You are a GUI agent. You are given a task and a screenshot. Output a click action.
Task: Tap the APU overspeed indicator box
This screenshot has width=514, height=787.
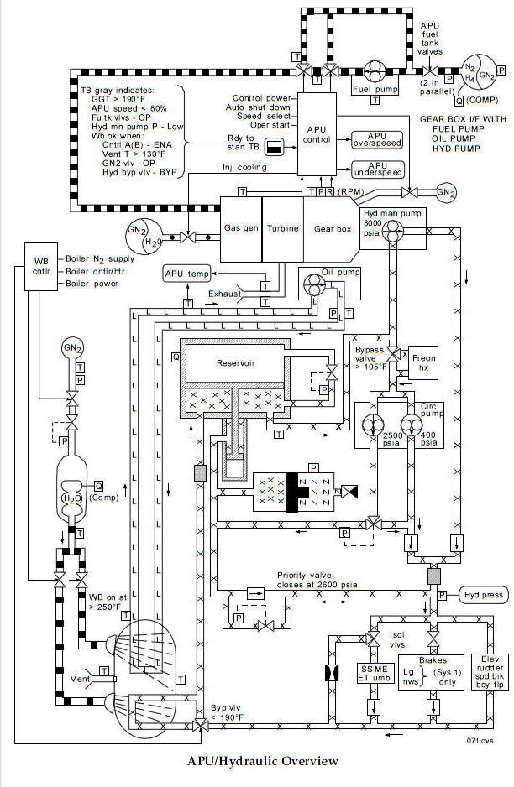click(x=377, y=140)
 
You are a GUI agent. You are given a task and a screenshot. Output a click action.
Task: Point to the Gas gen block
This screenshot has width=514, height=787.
click(x=241, y=227)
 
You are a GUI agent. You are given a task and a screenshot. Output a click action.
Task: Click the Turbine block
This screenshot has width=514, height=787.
click(x=283, y=227)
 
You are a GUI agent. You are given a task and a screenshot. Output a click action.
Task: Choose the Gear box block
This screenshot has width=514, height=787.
click(x=332, y=227)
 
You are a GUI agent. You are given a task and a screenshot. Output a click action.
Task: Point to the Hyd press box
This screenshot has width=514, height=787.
click(x=483, y=595)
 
